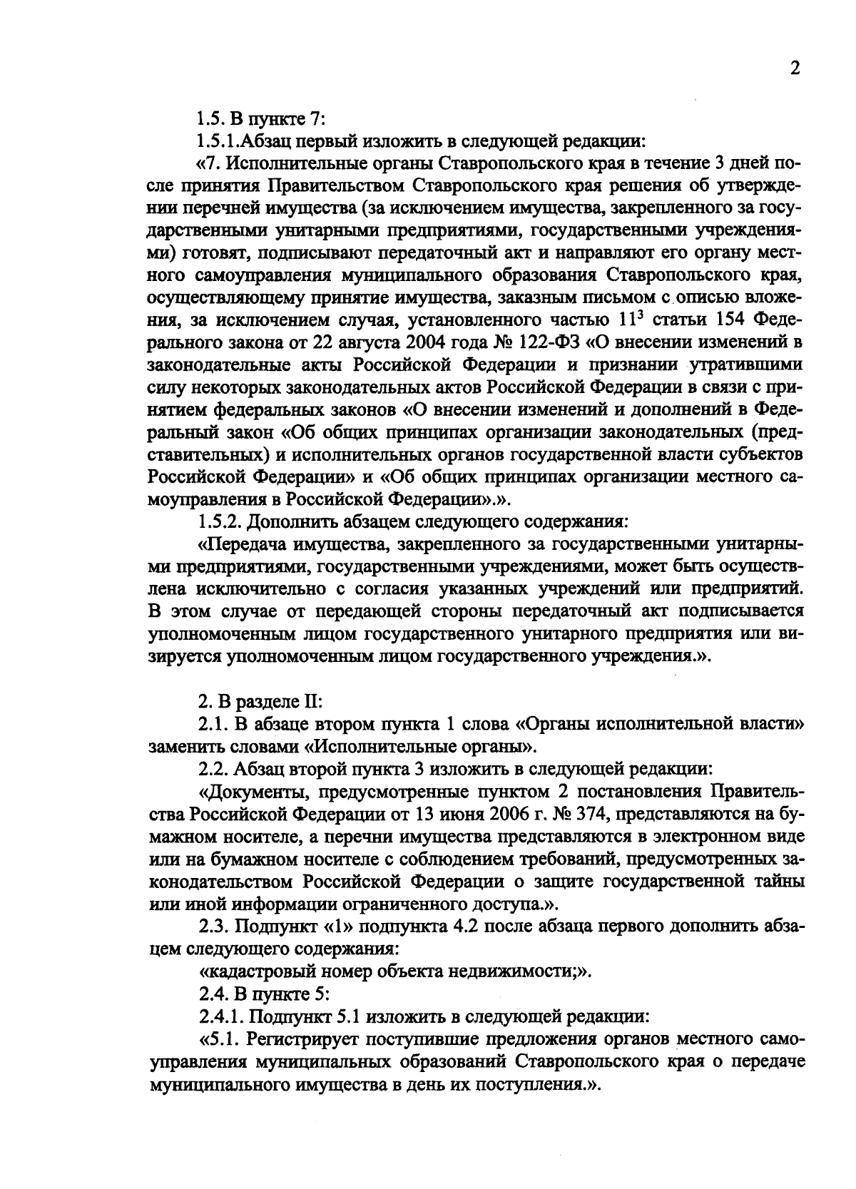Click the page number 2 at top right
tap(795, 69)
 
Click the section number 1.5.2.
tap(221, 521)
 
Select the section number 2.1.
tap(212, 724)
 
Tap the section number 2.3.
tap(212, 926)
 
